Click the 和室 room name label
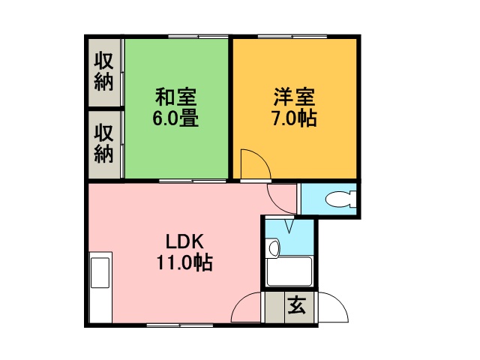pos(175,97)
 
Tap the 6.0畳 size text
pos(175,118)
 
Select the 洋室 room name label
pos(295,97)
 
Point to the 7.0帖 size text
pos(295,118)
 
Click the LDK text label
pos(184,241)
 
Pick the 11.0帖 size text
pos(184,262)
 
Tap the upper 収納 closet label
pos(103,71)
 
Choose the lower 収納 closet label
pos(103,143)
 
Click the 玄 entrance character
pos(297,305)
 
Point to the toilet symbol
pos(340,199)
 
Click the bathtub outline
pos(289,271)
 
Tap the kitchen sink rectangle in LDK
pos(100,272)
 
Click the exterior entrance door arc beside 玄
pos(340,303)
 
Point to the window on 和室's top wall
pos(198,37)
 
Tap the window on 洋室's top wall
pos(292,37)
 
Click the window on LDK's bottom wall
pos(180,325)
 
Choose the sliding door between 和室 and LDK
pos(193,181)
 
